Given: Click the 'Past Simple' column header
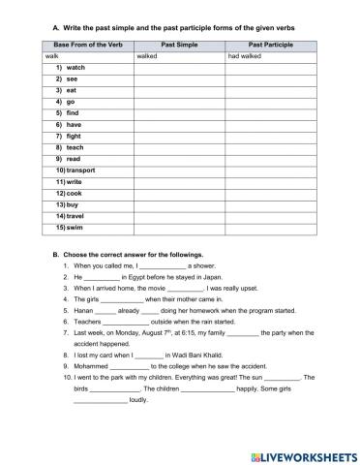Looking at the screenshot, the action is tap(179, 45).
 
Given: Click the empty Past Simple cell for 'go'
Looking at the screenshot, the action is tap(179, 102).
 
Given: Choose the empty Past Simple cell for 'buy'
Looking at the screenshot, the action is tap(179, 204).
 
